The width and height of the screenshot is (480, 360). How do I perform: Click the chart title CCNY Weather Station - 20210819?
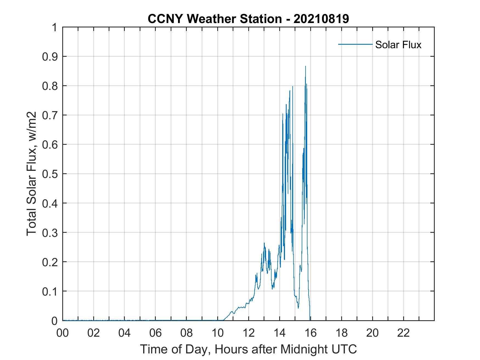click(248, 19)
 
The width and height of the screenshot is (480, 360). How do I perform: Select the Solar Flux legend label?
click(398, 45)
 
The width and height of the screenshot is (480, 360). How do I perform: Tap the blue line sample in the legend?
click(355, 44)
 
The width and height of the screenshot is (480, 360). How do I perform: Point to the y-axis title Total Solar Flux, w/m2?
click(32, 174)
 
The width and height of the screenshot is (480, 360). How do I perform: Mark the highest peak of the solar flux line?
click(305, 66)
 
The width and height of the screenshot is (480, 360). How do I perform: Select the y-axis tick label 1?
click(55, 27)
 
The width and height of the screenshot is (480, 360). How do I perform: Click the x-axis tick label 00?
click(63, 333)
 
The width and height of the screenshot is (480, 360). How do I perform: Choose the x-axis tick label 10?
click(218, 333)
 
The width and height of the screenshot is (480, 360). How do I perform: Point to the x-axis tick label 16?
click(310, 333)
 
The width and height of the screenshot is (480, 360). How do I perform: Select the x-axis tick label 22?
click(403, 333)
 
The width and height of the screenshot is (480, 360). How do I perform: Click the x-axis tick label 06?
click(156, 333)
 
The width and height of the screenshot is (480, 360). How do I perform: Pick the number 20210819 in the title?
click(321, 19)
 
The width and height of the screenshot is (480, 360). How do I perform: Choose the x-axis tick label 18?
click(341, 333)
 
